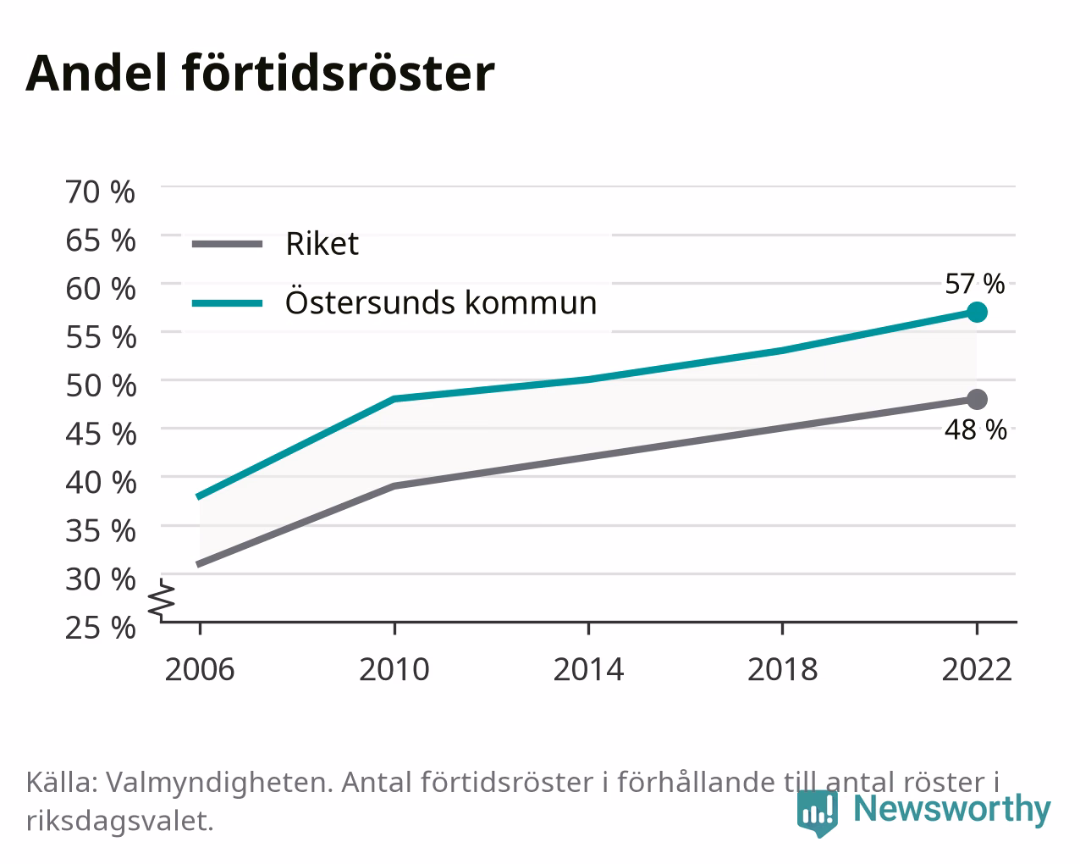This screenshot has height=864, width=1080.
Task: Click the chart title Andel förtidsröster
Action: point(260,74)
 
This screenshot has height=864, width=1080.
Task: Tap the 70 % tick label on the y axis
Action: point(101,192)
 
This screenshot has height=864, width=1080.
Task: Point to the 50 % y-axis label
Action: point(101,385)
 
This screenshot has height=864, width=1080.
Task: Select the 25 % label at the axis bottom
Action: point(101,628)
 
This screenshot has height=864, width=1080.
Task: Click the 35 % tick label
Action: point(101,531)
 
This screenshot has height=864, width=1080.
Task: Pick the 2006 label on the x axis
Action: point(200,669)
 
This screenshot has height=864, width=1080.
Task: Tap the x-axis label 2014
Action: point(588,669)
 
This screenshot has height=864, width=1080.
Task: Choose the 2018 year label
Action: point(782,669)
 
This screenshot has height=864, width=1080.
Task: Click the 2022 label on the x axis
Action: point(977,669)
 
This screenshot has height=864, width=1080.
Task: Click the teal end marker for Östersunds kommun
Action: point(977,312)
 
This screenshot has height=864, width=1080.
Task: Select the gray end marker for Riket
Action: point(977,399)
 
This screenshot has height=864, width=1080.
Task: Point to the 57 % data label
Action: point(974,284)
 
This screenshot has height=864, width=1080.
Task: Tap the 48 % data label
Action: point(976,430)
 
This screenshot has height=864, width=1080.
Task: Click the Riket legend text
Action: point(322,244)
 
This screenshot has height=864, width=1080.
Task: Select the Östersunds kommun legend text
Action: point(441,302)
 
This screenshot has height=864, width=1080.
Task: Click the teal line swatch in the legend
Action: point(228,303)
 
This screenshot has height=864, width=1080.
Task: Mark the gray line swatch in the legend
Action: point(228,245)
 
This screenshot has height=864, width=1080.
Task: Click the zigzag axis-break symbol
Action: point(162,598)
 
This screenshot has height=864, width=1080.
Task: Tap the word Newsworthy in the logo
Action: point(952,808)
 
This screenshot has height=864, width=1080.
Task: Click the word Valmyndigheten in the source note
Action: point(220,783)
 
